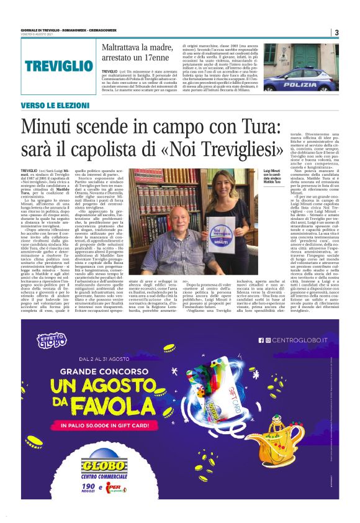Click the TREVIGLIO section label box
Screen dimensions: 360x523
(x=58, y=65)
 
